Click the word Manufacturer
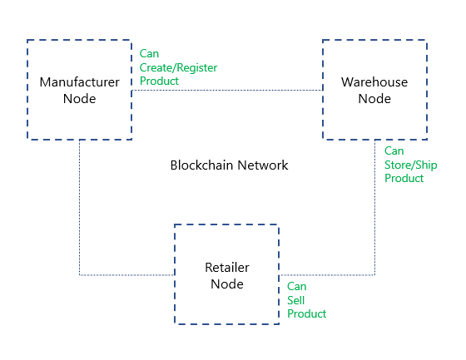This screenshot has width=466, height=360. (x=79, y=82)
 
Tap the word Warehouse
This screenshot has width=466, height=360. (x=374, y=82)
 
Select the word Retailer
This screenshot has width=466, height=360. (x=227, y=268)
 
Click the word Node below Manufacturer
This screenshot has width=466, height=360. (x=79, y=99)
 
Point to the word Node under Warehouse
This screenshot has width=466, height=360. (x=374, y=99)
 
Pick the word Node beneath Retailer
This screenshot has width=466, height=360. (x=227, y=284)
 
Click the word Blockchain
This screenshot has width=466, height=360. (x=201, y=165)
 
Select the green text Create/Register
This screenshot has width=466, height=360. (x=178, y=68)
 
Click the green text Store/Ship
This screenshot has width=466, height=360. (x=411, y=165)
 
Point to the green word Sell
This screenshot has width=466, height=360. (x=295, y=301)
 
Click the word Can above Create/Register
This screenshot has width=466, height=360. (x=149, y=54)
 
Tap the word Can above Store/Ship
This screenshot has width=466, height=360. (x=394, y=150)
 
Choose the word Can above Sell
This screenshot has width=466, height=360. (x=296, y=287)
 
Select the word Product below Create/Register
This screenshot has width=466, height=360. (x=159, y=81)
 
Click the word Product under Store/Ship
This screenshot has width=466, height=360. (x=404, y=178)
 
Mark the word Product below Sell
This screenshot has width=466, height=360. (x=307, y=314)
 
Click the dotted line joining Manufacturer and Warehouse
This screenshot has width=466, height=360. (x=227, y=90)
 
